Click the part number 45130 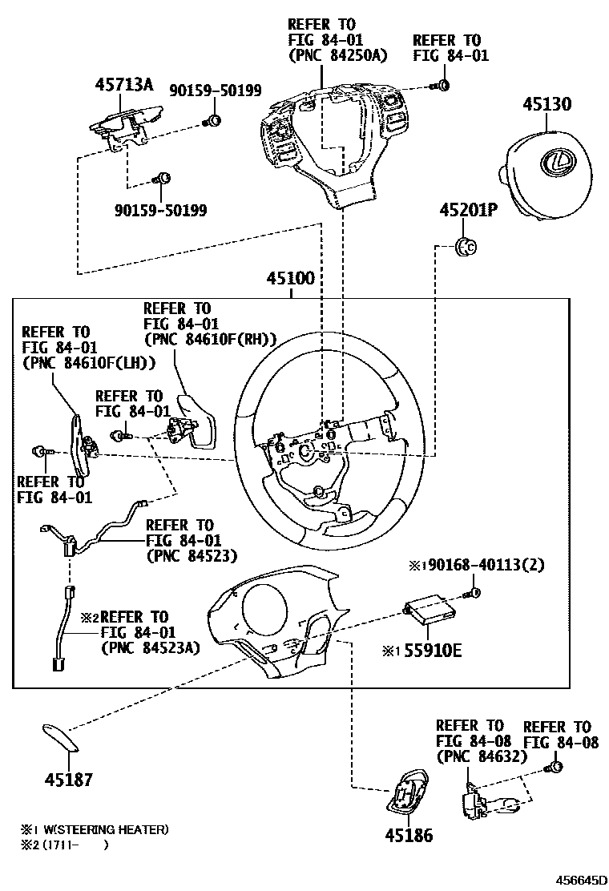tap(548, 104)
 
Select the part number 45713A tap(124, 84)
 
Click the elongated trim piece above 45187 tap(59, 736)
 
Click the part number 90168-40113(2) tap(486, 565)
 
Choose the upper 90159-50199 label tap(216, 91)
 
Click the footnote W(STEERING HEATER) tap(101, 829)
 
